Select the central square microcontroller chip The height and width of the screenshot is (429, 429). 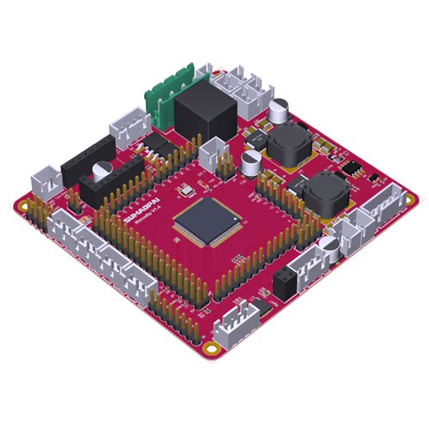coord(208,221)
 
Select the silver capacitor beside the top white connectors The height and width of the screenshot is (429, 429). coord(280,111)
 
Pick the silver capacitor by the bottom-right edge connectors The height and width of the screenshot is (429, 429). coord(330,247)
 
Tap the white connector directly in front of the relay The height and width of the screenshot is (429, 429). coord(211,153)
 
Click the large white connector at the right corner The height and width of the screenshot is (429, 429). coord(381,202)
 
